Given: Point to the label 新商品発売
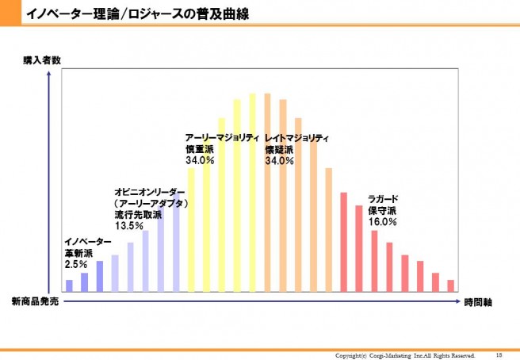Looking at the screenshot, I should pos(35,302).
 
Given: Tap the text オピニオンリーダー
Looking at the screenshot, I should pos(150,192).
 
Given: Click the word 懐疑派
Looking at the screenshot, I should pos(279,149).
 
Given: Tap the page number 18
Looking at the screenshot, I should pos(499,354).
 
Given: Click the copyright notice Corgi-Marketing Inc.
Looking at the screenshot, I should pos(405,354).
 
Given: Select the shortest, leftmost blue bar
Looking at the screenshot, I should pos(69,285).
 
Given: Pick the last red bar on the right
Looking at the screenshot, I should pos(450,285).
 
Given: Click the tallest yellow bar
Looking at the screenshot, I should pos(252,193).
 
